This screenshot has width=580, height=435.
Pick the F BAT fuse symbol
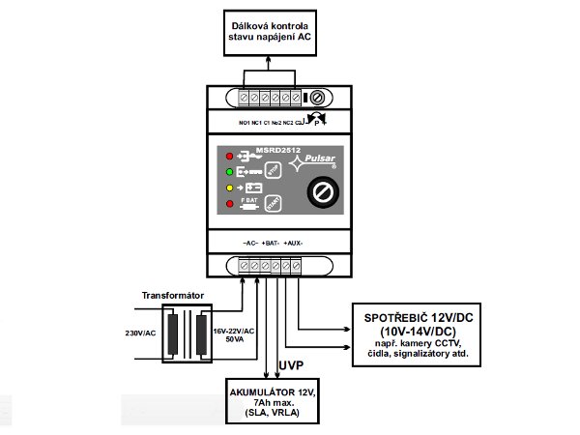248,203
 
